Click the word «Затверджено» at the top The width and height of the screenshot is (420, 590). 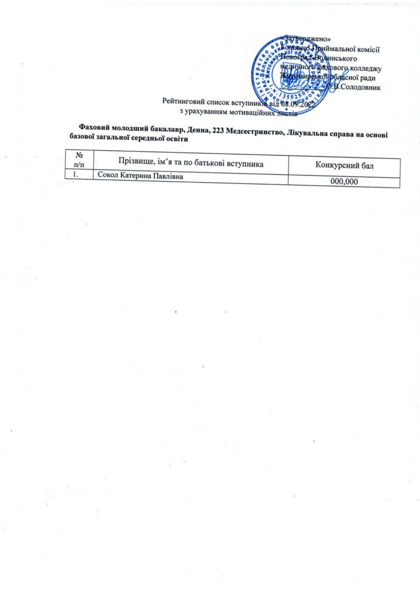(305, 39)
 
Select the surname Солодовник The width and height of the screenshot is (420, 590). (361, 86)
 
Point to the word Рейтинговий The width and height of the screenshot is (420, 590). (182, 103)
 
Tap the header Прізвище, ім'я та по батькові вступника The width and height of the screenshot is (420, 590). (191, 164)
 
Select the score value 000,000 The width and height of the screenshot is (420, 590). (345, 181)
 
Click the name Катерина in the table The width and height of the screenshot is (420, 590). (138, 176)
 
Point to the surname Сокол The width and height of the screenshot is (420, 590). (108, 176)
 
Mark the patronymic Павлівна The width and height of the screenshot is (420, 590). (169, 177)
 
